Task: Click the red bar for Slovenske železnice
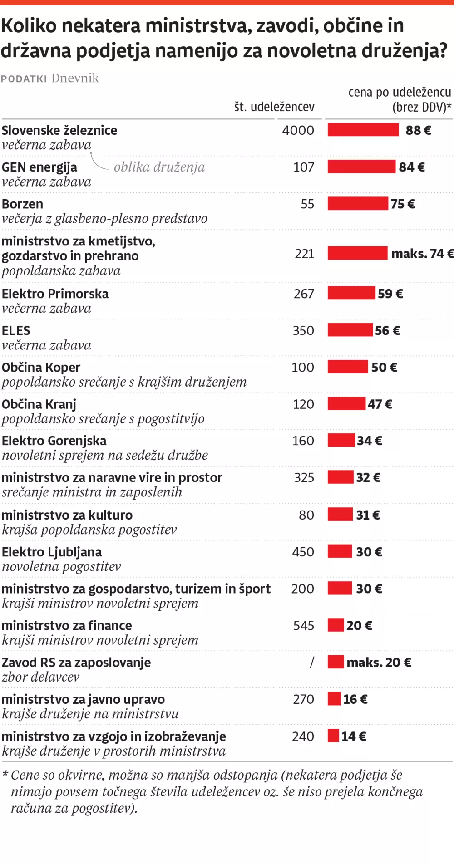(363, 130)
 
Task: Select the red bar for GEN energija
(361, 167)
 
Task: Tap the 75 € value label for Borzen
(403, 204)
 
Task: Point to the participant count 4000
(298, 130)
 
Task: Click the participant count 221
(304, 254)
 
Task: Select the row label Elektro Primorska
(55, 294)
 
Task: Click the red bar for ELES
(350, 330)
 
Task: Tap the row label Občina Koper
(41, 367)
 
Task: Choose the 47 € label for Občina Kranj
(380, 404)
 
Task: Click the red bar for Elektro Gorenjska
(341, 440)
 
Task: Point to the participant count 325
(304, 477)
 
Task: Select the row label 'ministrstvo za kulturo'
(67, 515)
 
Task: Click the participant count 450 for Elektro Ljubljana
(303, 552)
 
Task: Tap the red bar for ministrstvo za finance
(336, 625)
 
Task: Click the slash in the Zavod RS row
(311, 663)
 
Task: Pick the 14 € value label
(354, 736)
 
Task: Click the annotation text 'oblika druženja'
(159, 167)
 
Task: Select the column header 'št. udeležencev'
(274, 107)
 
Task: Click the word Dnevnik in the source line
(75, 78)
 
